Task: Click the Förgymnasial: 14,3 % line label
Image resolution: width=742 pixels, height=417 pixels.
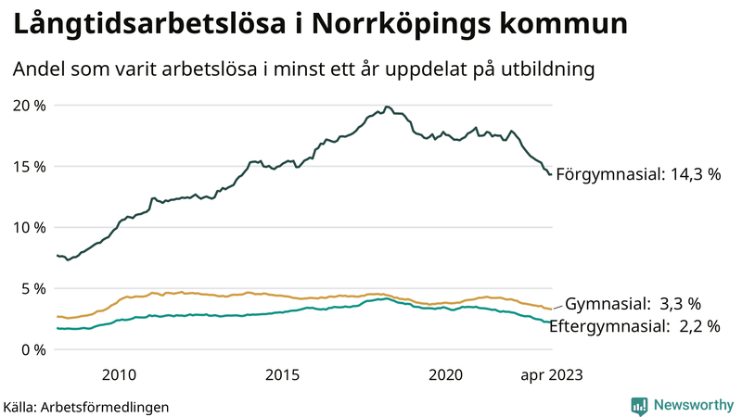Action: (x=637, y=174)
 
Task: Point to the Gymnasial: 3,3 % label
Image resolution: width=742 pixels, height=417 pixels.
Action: (x=633, y=303)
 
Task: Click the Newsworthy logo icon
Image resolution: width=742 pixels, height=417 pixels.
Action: (x=639, y=405)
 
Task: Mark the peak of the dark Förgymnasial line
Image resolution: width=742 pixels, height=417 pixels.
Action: (x=387, y=107)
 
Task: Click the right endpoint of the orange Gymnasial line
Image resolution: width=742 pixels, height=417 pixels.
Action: (x=552, y=309)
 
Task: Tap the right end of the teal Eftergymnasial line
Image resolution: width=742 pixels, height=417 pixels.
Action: (x=552, y=322)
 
